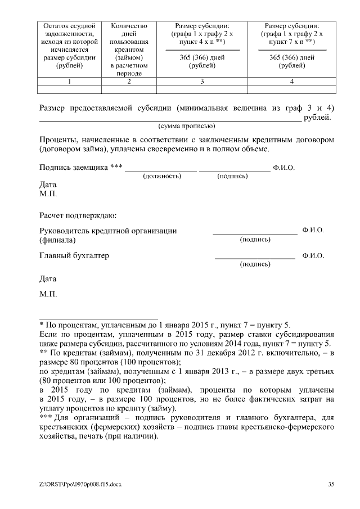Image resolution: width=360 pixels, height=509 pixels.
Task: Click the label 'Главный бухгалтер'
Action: tap(74, 256)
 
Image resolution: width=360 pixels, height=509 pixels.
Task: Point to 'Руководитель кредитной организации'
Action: tap(108, 231)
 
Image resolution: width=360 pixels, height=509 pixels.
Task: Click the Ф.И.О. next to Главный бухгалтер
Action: tap(313, 256)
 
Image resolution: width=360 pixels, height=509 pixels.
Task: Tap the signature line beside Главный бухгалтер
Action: tap(255, 258)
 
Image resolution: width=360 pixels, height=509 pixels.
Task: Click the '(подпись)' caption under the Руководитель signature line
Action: tap(255, 240)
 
